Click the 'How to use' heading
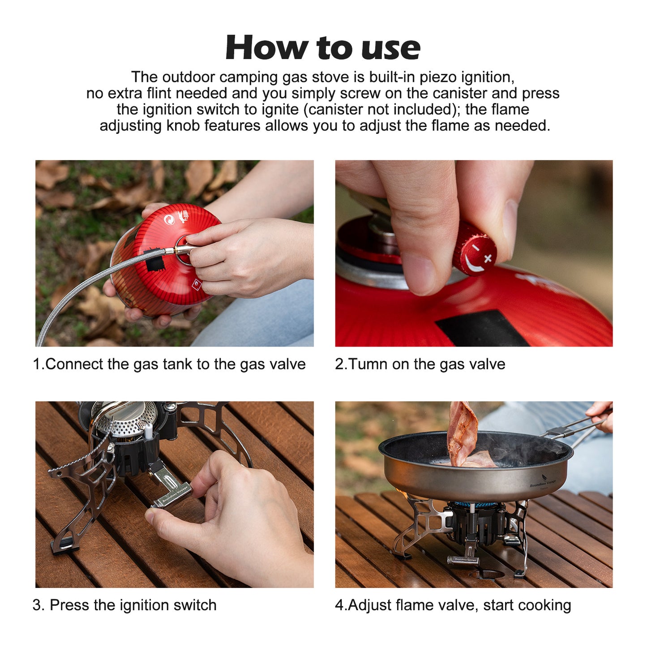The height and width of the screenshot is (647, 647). click(x=323, y=47)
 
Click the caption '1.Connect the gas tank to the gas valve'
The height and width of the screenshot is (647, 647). click(x=169, y=364)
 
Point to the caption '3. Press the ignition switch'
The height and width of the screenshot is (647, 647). click(x=124, y=605)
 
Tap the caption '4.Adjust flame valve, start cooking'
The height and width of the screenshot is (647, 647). click(x=453, y=605)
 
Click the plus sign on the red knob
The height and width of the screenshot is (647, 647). click(x=488, y=258)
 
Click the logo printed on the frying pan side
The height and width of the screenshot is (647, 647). click(x=543, y=483)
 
